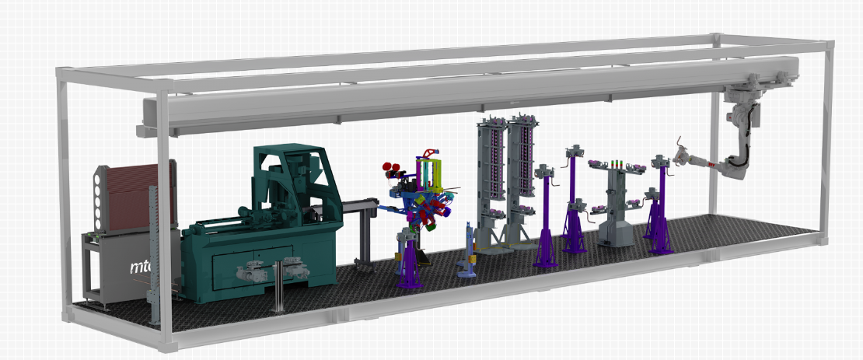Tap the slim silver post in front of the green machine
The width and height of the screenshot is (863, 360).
pos(276,284)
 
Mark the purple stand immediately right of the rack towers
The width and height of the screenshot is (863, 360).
pos(545,218)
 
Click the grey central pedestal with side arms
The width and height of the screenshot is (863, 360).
pos(617,206)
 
